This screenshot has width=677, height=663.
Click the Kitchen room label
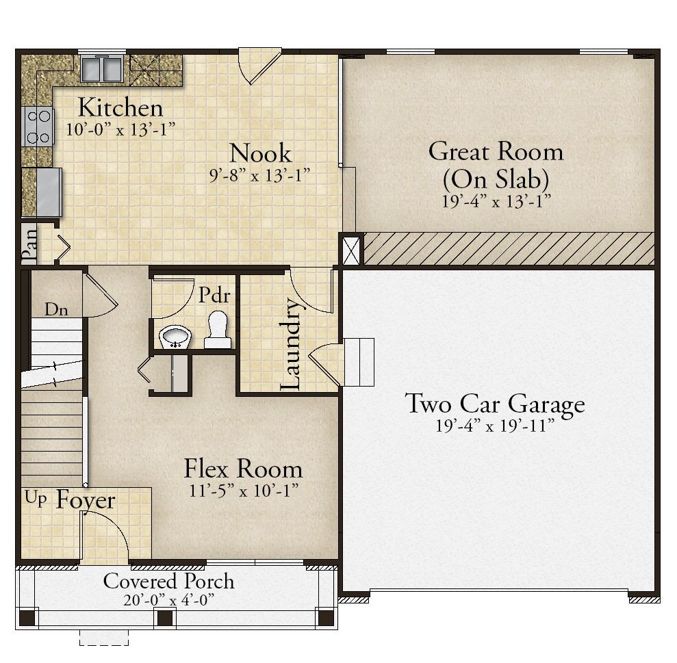[x=120, y=107]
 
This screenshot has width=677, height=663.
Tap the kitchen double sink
[x=101, y=68]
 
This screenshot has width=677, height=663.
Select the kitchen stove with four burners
[x=38, y=127]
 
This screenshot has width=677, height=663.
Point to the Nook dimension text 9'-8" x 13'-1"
[x=259, y=175]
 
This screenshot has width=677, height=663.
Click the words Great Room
[x=496, y=151]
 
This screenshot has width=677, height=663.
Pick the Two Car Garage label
[x=495, y=404]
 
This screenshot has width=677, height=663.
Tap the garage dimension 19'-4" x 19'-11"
[x=495, y=426]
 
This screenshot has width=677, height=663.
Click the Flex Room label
[x=243, y=468]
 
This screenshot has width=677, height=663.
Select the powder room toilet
[x=218, y=330]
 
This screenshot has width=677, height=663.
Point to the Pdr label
[x=214, y=296]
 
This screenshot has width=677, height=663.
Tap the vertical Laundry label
[x=290, y=344]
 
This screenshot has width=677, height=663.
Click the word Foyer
[x=86, y=500]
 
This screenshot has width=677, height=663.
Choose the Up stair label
[x=36, y=497]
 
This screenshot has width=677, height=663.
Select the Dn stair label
[x=56, y=309]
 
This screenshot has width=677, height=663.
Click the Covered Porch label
[x=169, y=581]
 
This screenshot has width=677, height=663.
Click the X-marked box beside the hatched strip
[x=350, y=249]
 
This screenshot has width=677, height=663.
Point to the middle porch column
[x=165, y=618]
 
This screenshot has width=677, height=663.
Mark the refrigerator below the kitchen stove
[x=49, y=192]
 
